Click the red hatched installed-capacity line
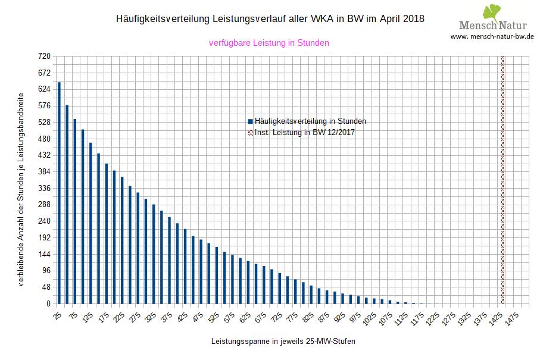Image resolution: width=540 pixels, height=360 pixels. (503, 179)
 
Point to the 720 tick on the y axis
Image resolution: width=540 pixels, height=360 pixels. (43, 57)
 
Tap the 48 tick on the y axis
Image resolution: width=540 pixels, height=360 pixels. (45, 287)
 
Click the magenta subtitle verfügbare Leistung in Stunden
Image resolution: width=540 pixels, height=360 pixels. (269, 43)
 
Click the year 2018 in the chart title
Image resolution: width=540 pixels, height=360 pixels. (413, 18)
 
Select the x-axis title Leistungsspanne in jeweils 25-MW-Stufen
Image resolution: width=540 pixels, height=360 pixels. (283, 342)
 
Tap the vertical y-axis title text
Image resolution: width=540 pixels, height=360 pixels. (21, 189)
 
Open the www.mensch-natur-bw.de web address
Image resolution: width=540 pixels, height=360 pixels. (492, 36)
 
